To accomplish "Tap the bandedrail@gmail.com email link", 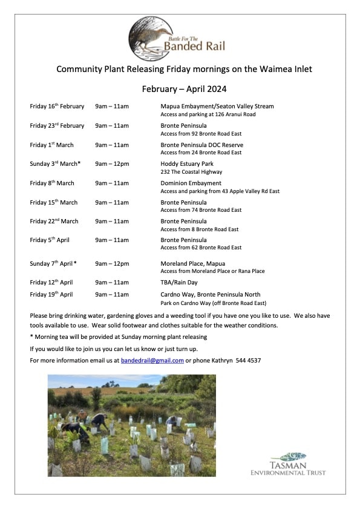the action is pyautogui.click(x=152, y=361).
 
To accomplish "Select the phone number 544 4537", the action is pyautogui.click(x=248, y=361).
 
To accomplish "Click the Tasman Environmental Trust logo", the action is pyautogui.click(x=289, y=464).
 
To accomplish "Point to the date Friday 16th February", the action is pyautogui.click(x=57, y=107).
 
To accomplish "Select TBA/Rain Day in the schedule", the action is pyautogui.click(x=180, y=283).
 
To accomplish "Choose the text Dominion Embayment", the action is pyautogui.click(x=191, y=183).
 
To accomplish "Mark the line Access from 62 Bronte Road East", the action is pyautogui.click(x=200, y=248).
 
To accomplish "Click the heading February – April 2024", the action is pyautogui.click(x=184, y=88).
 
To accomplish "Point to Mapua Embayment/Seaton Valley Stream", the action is pyautogui.click(x=217, y=107).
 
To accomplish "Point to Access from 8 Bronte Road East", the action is pyautogui.click(x=199, y=229).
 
